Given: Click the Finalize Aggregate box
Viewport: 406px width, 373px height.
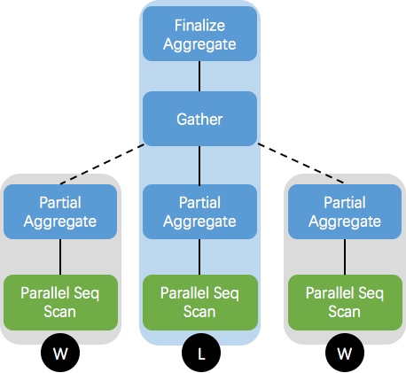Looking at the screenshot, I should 199,35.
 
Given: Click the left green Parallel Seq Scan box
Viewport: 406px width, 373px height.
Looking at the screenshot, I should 60,302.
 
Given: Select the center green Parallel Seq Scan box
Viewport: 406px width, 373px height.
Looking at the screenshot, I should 199,302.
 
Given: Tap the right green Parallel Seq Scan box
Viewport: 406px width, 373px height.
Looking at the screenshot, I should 345,302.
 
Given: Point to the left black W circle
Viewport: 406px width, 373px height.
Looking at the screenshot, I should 61,354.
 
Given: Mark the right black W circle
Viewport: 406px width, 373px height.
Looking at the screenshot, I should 345,354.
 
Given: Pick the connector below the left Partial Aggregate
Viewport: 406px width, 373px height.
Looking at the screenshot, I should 60,257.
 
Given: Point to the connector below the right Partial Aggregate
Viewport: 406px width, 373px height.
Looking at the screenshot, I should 345,257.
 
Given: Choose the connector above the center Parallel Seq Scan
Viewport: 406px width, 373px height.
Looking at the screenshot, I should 199,257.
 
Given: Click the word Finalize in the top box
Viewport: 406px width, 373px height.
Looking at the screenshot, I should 199,27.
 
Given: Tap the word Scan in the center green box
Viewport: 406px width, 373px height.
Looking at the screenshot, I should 199,311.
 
